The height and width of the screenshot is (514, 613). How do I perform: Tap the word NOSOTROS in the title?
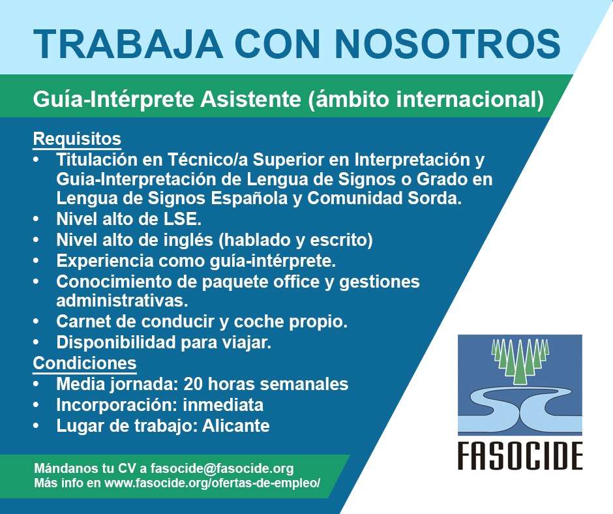point(447,44)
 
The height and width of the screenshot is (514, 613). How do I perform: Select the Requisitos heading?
point(77,139)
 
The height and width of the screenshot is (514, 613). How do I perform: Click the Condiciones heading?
point(85,363)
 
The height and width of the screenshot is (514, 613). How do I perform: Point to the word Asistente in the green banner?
point(250,99)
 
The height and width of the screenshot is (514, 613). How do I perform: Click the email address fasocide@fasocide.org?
point(222,468)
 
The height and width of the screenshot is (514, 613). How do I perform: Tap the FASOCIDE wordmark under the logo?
point(520,456)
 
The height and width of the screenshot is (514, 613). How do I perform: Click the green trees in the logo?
point(520,361)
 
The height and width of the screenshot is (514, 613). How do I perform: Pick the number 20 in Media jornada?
point(192,384)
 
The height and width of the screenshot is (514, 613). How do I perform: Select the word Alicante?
point(235,425)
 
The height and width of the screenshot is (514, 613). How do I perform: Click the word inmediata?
point(223,405)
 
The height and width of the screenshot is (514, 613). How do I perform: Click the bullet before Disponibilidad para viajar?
point(37,342)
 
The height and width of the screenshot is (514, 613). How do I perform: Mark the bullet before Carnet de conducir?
point(37,322)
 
